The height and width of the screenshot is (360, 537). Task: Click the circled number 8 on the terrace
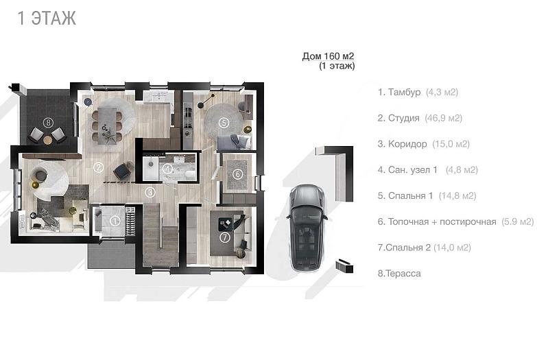48,121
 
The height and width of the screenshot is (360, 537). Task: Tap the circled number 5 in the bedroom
224,122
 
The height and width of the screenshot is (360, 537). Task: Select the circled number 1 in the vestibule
115,221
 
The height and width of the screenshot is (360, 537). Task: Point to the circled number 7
225,237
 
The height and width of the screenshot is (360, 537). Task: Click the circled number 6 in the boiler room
237,174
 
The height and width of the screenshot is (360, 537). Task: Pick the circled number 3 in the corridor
150,192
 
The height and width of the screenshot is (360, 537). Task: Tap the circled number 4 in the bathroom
167,169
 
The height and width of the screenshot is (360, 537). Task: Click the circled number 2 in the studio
98,167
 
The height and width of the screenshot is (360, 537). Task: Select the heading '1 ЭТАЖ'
47,18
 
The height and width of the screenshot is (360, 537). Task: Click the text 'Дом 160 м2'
328,56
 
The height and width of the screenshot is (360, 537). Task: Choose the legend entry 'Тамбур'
404,92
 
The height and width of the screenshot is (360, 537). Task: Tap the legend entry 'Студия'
404,118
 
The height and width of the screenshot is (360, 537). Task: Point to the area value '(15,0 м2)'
451,144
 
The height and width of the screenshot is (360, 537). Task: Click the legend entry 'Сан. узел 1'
413,169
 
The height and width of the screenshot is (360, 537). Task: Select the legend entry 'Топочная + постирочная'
442,221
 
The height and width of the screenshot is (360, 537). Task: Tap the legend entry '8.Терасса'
399,274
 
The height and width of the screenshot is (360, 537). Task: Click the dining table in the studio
107,125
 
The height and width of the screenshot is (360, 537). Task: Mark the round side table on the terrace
48,139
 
